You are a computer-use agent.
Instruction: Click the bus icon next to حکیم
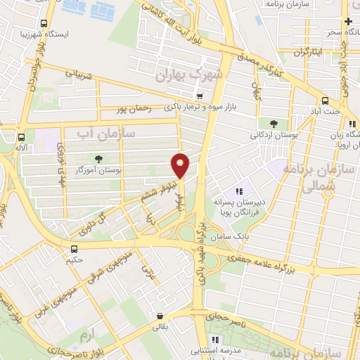pyautogui.click(x=74, y=248)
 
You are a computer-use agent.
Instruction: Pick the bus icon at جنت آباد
pyautogui.click(x=324, y=101)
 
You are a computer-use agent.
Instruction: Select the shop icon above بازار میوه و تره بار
pyautogui.click(x=200, y=96)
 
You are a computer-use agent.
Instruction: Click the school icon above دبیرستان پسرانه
pyautogui.click(x=238, y=191)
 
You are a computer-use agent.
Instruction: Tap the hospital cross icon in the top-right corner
pyautogui.click(x=348, y=22)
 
